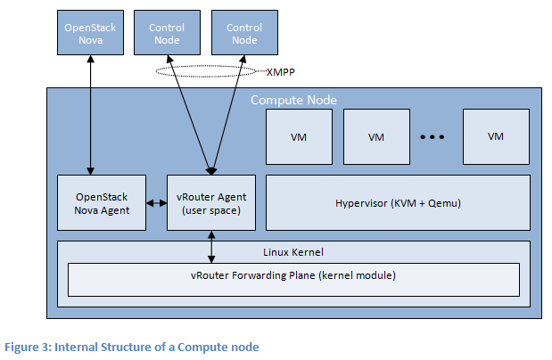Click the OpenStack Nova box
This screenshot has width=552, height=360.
click(90, 34)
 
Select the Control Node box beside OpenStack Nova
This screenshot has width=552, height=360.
click(167, 34)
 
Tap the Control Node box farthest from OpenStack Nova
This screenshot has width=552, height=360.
click(243, 34)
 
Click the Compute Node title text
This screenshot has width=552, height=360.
click(293, 100)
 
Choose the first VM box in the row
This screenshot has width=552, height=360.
click(300, 136)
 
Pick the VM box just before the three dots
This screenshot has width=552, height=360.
click(376, 136)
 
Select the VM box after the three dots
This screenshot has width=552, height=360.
click(496, 136)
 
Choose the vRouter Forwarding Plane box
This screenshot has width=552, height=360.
click(293, 278)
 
